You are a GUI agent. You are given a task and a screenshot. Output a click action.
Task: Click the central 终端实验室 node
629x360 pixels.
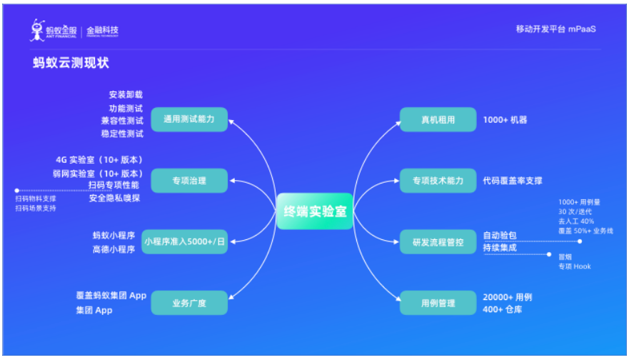click(315, 211)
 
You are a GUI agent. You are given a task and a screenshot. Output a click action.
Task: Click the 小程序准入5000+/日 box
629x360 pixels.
click(184, 242)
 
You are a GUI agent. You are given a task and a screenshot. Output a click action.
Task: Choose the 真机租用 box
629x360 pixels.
click(438, 119)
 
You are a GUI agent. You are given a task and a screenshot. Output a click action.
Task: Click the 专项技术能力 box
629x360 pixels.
click(438, 181)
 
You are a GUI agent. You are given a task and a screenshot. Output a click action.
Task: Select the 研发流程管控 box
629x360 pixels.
click(438, 242)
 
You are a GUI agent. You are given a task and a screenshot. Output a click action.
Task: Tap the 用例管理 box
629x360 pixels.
click(438, 304)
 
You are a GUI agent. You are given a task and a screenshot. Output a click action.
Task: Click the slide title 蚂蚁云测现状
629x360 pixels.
click(71, 64)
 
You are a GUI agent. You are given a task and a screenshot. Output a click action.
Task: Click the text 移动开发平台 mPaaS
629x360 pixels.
click(555, 29)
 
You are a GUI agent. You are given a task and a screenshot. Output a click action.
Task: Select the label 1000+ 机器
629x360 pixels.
click(505, 119)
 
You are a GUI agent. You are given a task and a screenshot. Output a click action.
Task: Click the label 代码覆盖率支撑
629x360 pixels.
click(513, 181)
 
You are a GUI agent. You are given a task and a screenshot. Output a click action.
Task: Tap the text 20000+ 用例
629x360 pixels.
click(508, 296)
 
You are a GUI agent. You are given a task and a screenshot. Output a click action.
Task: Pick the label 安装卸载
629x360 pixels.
click(126, 94)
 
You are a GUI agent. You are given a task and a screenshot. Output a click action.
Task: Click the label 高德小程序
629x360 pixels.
click(114, 249)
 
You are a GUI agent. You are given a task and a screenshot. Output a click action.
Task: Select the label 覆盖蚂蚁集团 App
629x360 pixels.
click(111, 295)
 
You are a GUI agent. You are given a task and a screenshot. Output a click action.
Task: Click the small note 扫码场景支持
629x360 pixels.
click(36, 208)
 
